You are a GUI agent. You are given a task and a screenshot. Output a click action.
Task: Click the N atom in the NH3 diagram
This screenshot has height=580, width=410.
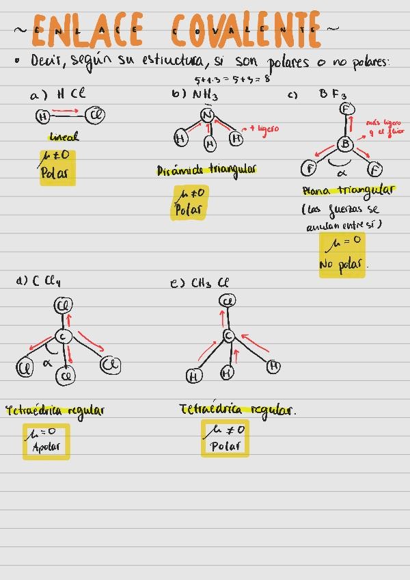pos(208,116)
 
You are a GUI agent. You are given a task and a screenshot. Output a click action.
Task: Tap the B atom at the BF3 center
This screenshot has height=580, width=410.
pos(345,144)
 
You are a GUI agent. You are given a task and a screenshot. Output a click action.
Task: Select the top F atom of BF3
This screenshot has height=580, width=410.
pos(346,109)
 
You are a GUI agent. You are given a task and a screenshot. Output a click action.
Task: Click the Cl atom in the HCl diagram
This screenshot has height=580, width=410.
pos(96,116)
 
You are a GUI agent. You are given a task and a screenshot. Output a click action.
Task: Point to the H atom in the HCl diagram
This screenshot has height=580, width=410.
pos(43,117)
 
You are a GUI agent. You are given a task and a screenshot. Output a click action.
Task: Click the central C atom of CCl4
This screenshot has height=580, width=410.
pos(63,337)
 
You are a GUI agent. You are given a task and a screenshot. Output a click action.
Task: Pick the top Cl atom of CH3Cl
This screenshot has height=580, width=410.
pos(228,300)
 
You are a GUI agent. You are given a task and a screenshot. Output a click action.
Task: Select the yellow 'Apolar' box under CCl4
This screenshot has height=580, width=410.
pos(46,440)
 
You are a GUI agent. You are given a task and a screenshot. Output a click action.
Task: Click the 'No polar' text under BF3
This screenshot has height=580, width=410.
pos(342,264)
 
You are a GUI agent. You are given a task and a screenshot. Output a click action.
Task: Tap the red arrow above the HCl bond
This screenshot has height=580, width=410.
pos(66,109)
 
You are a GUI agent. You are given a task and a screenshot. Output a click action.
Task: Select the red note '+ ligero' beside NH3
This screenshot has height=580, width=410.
pos(264,128)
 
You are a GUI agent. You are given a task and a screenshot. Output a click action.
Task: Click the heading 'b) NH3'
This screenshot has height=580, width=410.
pos(195,95)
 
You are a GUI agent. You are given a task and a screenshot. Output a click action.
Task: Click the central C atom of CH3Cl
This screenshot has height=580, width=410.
pos(228,335)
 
